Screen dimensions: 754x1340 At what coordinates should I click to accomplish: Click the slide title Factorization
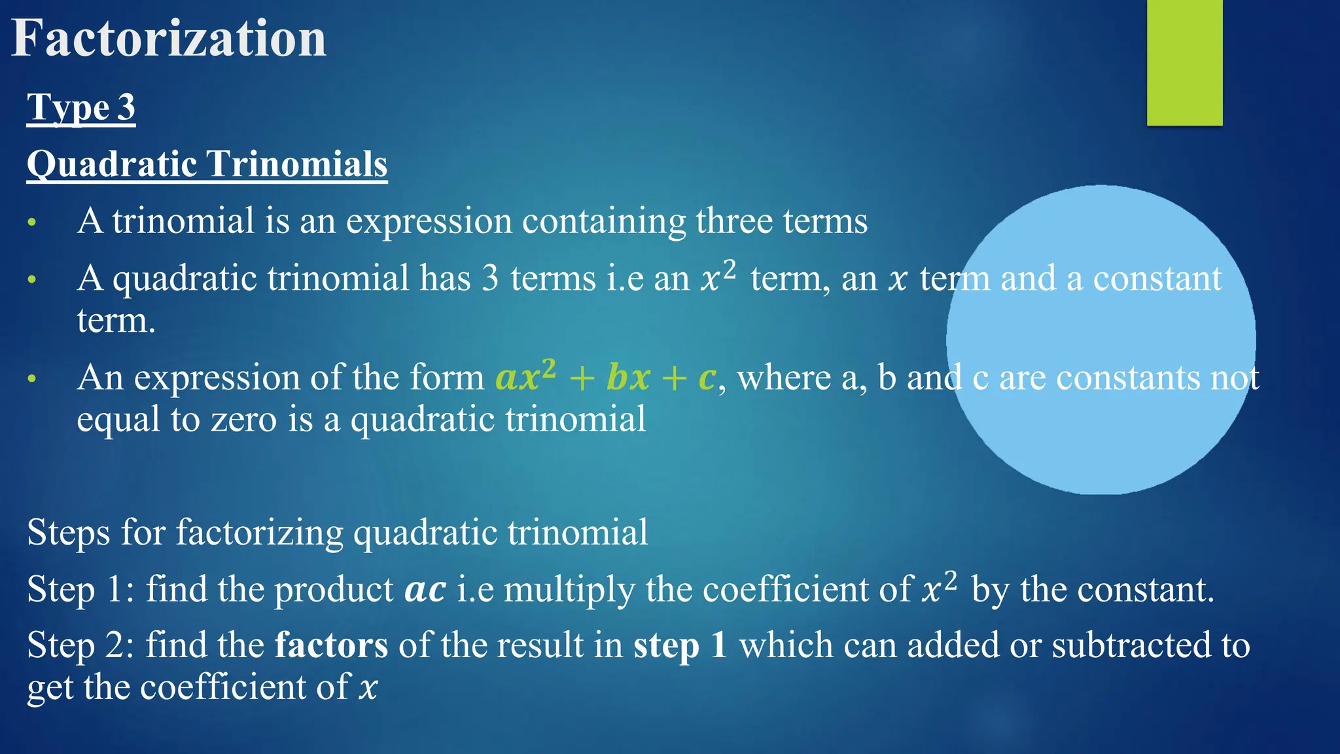[x=169, y=39]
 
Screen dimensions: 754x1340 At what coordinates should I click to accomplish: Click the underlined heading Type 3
[x=81, y=107]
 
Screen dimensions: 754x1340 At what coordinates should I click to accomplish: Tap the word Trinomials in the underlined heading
[x=297, y=164]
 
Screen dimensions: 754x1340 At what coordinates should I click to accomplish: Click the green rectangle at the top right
[x=1184, y=62]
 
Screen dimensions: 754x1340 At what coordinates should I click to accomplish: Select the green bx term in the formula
[x=628, y=378]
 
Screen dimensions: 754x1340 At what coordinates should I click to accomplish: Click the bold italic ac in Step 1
[x=425, y=590]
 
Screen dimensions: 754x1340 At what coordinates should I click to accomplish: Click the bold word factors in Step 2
[x=331, y=645]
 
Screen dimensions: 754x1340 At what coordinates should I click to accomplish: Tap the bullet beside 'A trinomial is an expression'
[x=31, y=223]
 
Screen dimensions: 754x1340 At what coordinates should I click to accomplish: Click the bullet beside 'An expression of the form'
[x=31, y=379]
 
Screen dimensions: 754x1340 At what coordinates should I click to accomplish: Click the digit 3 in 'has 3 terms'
[x=490, y=279]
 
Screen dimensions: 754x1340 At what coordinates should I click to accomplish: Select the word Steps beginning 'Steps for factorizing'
[x=68, y=532]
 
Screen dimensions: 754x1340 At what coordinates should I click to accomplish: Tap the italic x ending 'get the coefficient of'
[x=368, y=688]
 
